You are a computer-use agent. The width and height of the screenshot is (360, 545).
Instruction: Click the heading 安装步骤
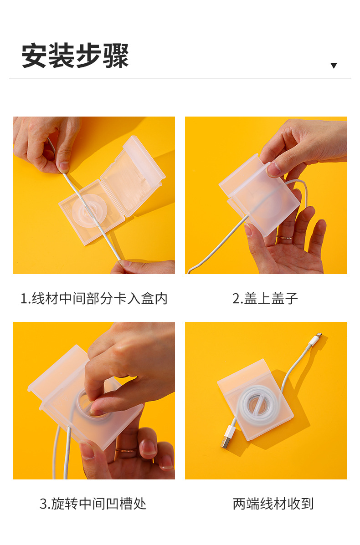coord(75,56)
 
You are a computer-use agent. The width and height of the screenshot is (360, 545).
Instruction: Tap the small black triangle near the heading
coord(334,66)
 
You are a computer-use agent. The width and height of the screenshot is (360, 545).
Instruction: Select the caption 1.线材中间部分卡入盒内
coord(94,299)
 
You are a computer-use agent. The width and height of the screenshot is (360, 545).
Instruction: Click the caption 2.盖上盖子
coord(265,299)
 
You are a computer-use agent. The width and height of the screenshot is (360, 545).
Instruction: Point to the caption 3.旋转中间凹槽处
coord(93,504)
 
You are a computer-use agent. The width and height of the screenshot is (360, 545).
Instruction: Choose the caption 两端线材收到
coord(273,504)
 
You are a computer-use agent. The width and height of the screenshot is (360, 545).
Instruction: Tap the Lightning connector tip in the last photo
coord(318,336)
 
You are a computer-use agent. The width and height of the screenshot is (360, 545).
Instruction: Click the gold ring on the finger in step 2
coord(284,238)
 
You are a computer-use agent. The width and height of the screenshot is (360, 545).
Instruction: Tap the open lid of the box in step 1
coord(133,177)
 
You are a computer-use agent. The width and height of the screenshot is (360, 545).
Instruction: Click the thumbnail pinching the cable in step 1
coord(64,167)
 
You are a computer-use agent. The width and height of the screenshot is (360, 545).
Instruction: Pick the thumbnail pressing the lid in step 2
coord(273,169)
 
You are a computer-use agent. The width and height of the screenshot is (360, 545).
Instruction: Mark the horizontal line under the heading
coord(180,78)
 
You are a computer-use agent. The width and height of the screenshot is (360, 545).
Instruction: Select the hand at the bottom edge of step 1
coord(143,267)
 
